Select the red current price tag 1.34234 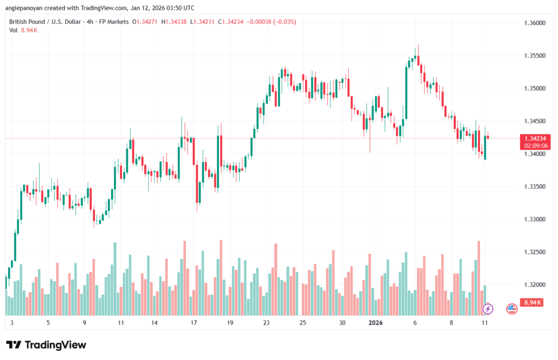[x=532, y=138]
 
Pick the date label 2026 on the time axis [x=376, y=322]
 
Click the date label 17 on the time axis [x=193, y=322]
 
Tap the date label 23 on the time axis [x=266, y=322]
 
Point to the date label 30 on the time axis [x=342, y=322]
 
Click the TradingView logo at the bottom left [x=46, y=345]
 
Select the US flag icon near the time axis [x=512, y=309]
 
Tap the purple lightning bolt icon [x=488, y=309]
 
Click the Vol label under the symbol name [x=14, y=30]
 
